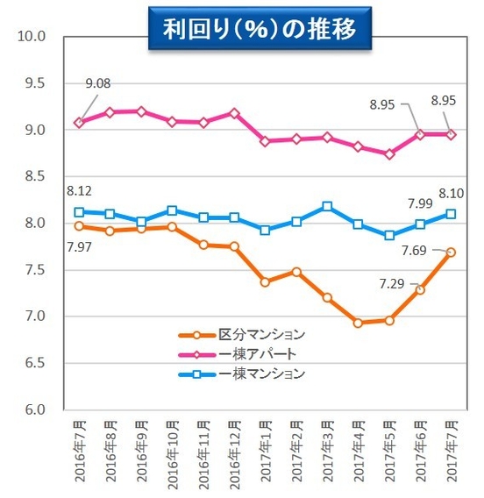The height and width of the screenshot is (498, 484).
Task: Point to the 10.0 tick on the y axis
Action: coord(32,37)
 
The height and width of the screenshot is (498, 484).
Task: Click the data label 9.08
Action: coord(97,86)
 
